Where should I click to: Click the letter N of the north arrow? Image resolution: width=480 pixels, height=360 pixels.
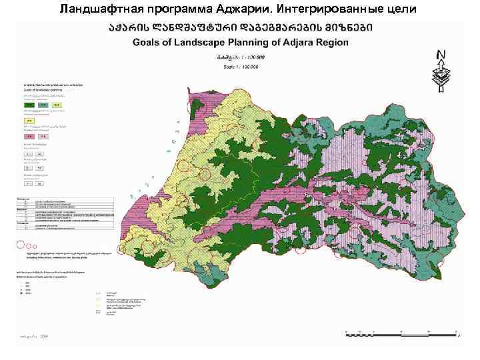coord(441,54)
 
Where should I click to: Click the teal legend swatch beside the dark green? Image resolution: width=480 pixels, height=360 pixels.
coord(43,105)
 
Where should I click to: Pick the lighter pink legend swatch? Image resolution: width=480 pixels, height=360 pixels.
coord(41,137)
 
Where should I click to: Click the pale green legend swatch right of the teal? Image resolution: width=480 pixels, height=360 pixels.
coord(57,105)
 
